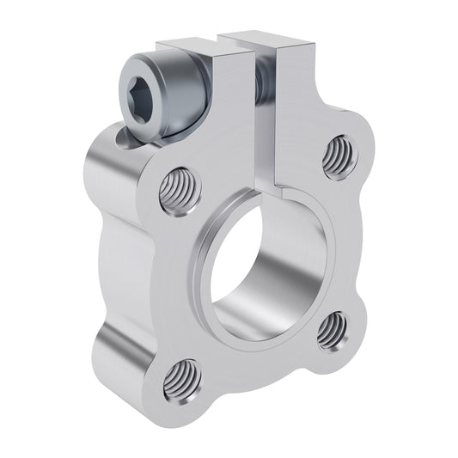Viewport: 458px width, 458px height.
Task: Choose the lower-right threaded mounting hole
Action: pos(331,331)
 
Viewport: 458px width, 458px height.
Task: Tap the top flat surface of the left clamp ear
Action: pos(186,44)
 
